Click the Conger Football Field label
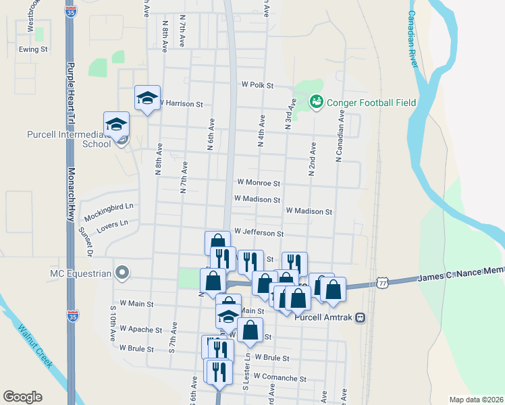[371, 103]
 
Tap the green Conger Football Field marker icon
[315, 102]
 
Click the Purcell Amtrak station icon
[361, 316]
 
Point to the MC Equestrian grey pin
[122, 273]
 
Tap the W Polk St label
[257, 86]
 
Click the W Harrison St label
[181, 105]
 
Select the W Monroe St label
[258, 182]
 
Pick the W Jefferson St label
[259, 232]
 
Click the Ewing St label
[33, 49]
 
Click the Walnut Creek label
[34, 346]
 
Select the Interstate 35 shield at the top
[71, 11]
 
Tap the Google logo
[22, 397]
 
